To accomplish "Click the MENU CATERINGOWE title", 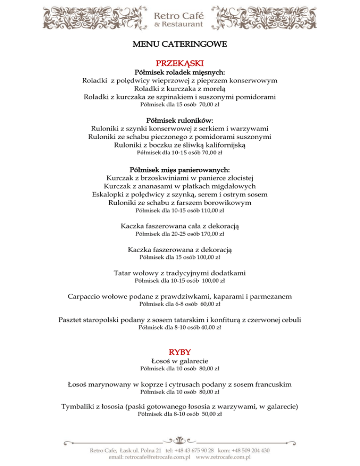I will pyautogui.click(x=180, y=45).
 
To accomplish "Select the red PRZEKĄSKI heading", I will pyautogui.click(x=180, y=63).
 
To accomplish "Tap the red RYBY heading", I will pyautogui.click(x=180, y=352).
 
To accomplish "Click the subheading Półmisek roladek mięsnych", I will pyautogui.click(x=180, y=73).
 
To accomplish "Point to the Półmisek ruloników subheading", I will pyautogui.click(x=180, y=120).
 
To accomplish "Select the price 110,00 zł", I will pyautogui.click(x=210, y=210).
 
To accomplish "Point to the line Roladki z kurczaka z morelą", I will pyautogui.click(x=180, y=89).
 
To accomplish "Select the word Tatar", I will pyautogui.click(x=123, y=273).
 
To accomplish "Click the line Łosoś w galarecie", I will pyautogui.click(x=180, y=361).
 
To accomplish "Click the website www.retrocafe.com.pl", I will pyautogui.click(x=223, y=456).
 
